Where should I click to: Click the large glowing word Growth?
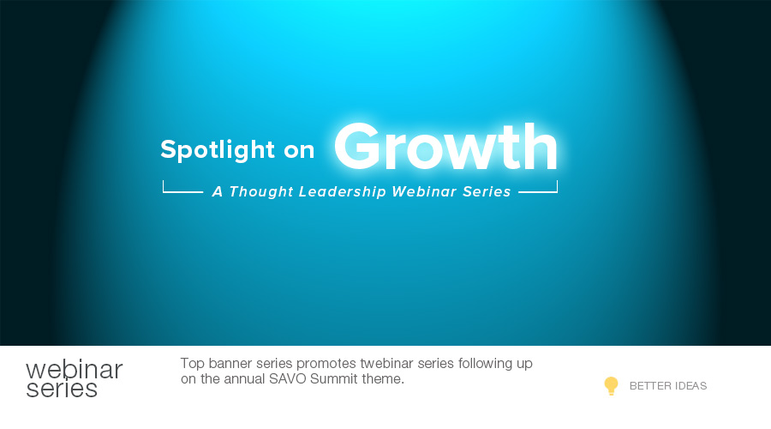tap(445, 146)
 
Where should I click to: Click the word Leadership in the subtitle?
tap(342, 191)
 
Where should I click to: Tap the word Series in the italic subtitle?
tap(487, 191)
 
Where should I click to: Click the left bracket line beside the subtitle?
tap(182, 191)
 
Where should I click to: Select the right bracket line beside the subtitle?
tap(539, 191)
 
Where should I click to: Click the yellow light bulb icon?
tap(611, 385)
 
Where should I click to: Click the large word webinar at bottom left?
tap(75, 370)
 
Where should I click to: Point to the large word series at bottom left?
tap(62, 389)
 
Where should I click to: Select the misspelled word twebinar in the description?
tap(387, 364)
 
